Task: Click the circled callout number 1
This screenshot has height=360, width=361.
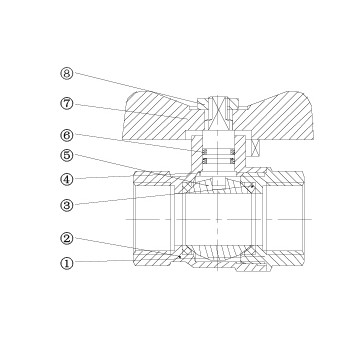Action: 67,263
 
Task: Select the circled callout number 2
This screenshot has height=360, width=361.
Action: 67,238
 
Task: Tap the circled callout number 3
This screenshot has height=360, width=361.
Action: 67,205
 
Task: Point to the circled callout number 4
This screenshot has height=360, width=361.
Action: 67,179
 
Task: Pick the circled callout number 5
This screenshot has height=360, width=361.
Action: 67,156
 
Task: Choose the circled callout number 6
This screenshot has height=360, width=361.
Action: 67,135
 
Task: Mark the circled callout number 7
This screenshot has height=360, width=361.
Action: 67,103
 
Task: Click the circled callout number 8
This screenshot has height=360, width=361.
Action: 67,73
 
